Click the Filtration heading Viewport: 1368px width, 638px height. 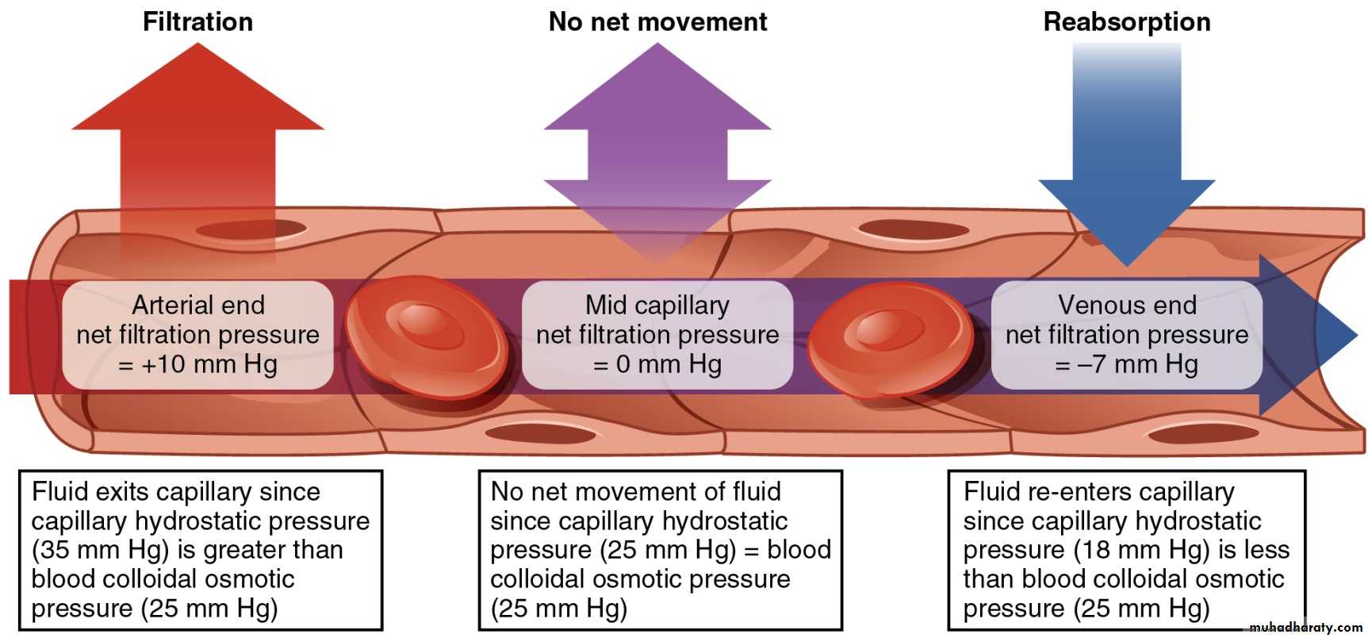pyautogui.click(x=197, y=21)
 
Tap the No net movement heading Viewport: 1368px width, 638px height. pyautogui.click(x=657, y=21)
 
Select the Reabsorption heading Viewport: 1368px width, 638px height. pyautogui.click(x=1126, y=21)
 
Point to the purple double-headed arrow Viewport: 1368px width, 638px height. pyautogui.click(x=657, y=151)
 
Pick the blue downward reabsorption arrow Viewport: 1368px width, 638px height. pyautogui.click(x=1126, y=159)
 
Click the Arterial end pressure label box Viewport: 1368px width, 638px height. pyautogui.click(x=197, y=334)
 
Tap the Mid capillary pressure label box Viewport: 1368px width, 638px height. pyautogui.click(x=657, y=334)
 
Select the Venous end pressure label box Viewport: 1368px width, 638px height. pyautogui.click(x=1126, y=334)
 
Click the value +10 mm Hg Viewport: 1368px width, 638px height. pyautogui.click(x=209, y=364)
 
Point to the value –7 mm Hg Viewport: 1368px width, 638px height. pyautogui.click(x=1136, y=364)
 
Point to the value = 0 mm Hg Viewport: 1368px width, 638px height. pyautogui.click(x=657, y=364)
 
